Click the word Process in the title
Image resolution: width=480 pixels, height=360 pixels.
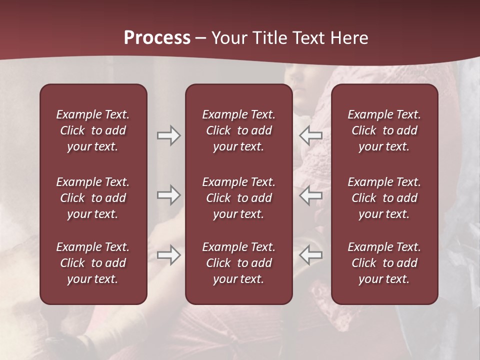coord(157,37)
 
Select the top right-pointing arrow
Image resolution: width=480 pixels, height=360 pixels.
coord(169,135)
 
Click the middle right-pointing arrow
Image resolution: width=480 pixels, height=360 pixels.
coord(169,195)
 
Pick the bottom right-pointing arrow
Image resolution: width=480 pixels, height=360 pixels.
coord(169,255)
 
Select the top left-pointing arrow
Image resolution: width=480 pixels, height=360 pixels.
coord(311,135)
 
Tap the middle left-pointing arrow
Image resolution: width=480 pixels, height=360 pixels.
coord(311,195)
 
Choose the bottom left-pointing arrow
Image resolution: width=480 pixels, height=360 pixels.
coord(311,255)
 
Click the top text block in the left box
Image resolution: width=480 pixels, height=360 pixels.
coord(93,130)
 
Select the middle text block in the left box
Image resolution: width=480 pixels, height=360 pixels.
coord(93,198)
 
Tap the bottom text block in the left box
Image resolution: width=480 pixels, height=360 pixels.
coord(93,263)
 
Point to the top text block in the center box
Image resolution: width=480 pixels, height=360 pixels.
coord(238,130)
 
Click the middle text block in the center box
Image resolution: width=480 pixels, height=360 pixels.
coord(238,198)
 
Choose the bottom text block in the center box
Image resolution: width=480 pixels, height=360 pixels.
coord(238,263)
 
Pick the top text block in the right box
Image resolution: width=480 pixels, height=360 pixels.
coord(384,130)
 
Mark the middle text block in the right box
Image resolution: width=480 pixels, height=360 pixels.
coord(384,198)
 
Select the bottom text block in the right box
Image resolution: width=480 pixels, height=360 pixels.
coord(384,263)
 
